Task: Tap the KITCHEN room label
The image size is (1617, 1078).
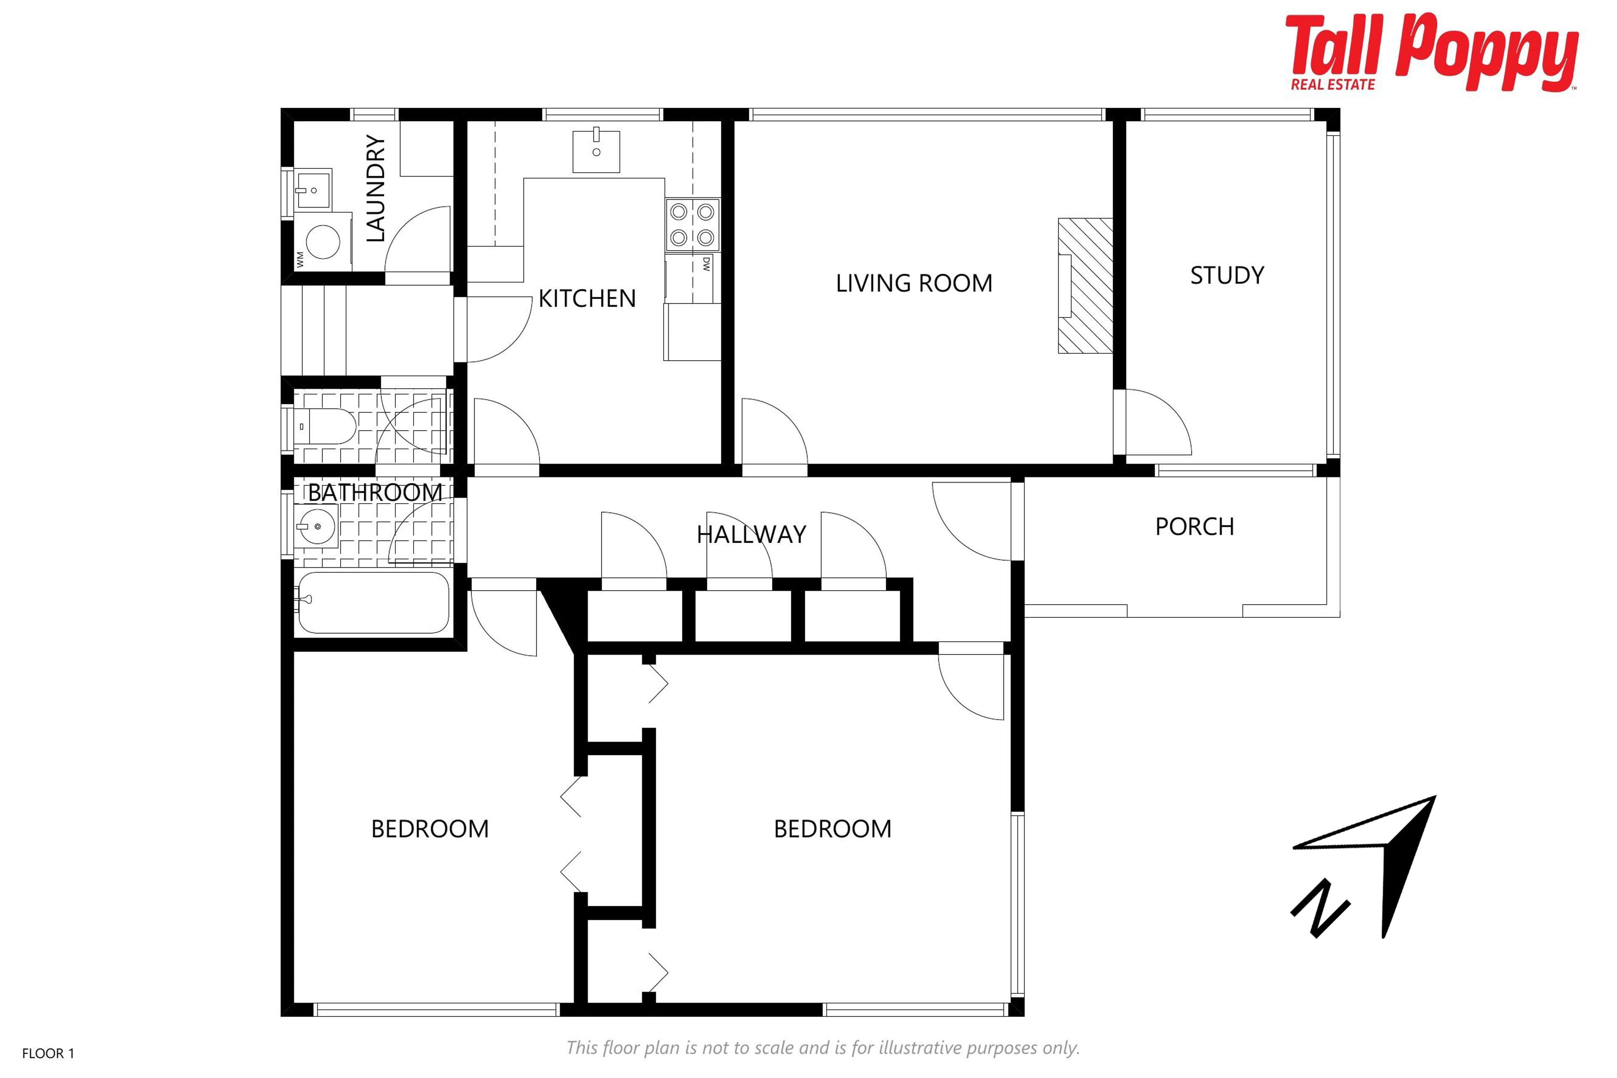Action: click(587, 299)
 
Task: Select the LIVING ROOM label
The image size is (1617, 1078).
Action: click(914, 283)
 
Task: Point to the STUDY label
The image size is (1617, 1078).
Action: click(1227, 275)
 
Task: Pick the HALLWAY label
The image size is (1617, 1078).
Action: click(751, 534)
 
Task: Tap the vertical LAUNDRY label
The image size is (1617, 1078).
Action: click(375, 188)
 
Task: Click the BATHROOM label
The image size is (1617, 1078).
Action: click(375, 492)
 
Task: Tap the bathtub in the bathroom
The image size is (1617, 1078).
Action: click(374, 602)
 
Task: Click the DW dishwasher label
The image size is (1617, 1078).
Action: click(706, 264)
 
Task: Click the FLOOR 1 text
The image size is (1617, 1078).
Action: click(48, 1053)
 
